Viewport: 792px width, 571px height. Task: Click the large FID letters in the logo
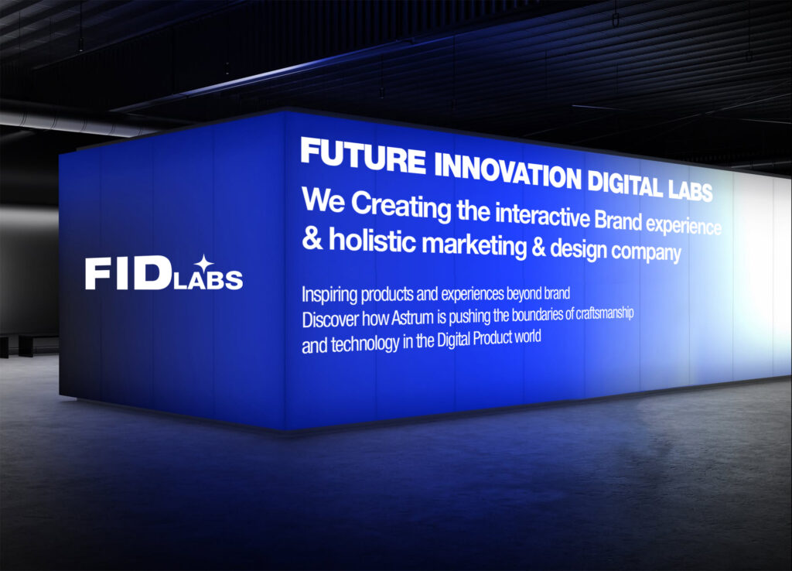tap(128, 273)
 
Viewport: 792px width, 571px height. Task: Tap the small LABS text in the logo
tap(208, 280)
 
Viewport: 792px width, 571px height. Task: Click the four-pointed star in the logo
tap(204, 263)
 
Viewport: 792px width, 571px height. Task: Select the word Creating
tap(401, 206)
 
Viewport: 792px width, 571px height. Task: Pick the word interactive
tap(542, 216)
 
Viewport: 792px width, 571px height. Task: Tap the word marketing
tap(474, 245)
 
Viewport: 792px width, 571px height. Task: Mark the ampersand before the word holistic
tap(312, 238)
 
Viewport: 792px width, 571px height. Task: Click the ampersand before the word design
tap(538, 247)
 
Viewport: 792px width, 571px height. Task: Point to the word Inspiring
tap(329, 294)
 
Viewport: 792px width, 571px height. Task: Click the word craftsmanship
tap(605, 313)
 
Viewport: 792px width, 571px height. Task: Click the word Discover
tap(331, 320)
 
